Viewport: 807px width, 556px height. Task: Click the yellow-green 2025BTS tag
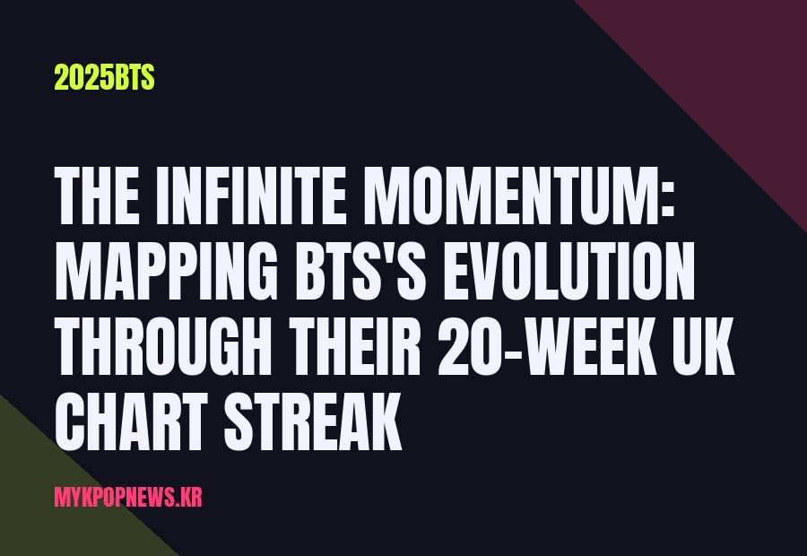pyautogui.click(x=105, y=78)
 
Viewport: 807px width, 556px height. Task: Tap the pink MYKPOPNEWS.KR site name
pyautogui.click(x=128, y=497)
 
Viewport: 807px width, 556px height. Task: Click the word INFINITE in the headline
pyautogui.click(x=256, y=196)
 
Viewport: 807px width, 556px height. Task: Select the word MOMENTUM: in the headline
pyautogui.click(x=519, y=196)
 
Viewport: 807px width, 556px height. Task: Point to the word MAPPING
pyautogui.click(x=166, y=271)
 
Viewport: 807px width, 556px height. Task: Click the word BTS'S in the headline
pyautogui.click(x=360, y=271)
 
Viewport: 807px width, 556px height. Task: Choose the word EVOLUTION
pyautogui.click(x=568, y=271)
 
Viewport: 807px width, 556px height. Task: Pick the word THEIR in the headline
pyautogui.click(x=355, y=346)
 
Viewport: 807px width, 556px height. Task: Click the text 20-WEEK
pyautogui.click(x=548, y=346)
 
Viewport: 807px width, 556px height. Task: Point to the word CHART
pyautogui.click(x=131, y=421)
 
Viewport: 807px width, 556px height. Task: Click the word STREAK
pyautogui.click(x=313, y=421)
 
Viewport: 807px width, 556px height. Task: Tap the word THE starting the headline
pyautogui.click(x=96, y=196)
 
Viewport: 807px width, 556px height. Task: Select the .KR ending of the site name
pyautogui.click(x=188, y=498)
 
